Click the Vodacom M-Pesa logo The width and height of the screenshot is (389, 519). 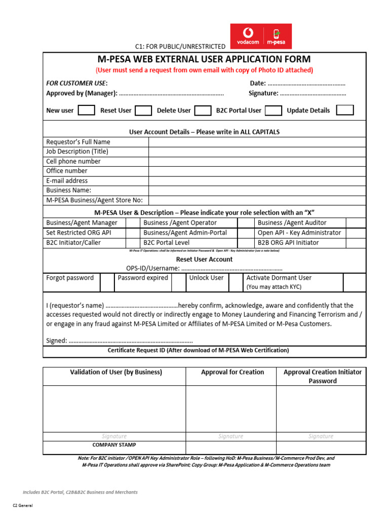(261, 36)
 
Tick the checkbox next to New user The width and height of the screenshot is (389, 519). (86, 110)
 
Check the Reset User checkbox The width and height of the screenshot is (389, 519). (143, 110)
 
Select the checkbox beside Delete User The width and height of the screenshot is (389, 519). (203, 110)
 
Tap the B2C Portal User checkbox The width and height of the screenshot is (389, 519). (274, 110)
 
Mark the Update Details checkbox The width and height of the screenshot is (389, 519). (345, 110)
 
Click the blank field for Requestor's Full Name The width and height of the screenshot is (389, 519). (257, 142)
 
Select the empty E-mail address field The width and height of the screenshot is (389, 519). (257, 180)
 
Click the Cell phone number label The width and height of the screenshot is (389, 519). (73, 161)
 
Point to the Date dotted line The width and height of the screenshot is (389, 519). (306, 84)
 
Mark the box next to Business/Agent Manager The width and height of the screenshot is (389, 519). (133, 223)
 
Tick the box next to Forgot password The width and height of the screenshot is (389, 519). (107, 282)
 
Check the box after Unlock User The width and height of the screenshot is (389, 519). (236, 282)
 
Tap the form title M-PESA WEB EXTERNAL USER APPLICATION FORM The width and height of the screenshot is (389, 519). (204, 59)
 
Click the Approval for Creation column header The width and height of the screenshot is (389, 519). (232, 372)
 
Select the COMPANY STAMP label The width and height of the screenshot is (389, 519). (114, 444)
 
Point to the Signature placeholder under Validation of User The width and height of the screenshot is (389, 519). (114, 436)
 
